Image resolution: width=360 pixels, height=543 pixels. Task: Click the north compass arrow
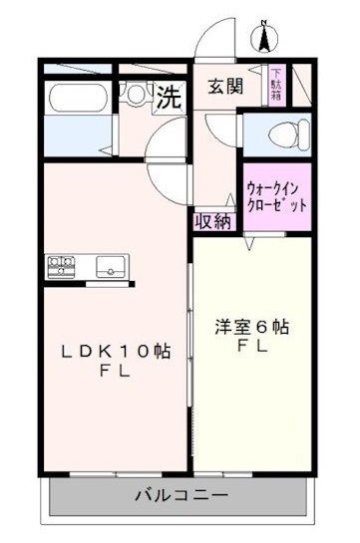pyautogui.click(x=264, y=39)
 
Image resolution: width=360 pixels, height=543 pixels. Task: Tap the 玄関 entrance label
pyautogui.click(x=225, y=86)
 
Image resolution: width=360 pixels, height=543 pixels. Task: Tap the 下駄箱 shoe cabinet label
pyautogui.click(x=276, y=84)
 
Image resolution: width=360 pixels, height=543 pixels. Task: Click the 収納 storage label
pyautogui.click(x=213, y=221)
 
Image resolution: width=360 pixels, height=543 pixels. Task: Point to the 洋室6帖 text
pyautogui.click(x=253, y=327)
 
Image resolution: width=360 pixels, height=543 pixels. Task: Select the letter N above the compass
pyautogui.click(x=264, y=22)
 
